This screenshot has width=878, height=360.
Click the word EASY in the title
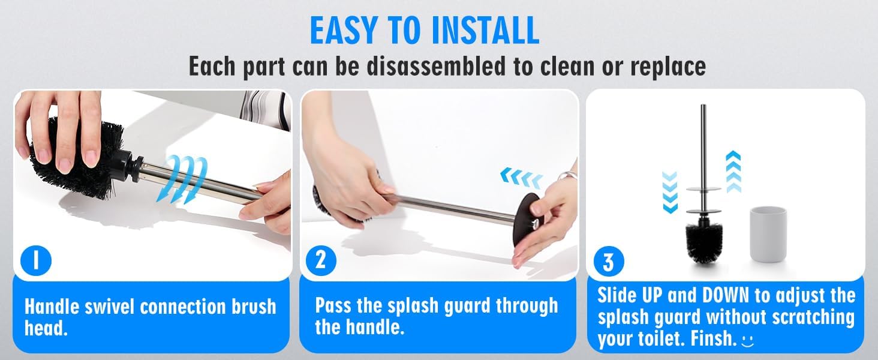[x=344, y=30]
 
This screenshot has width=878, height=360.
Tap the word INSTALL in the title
[x=485, y=30]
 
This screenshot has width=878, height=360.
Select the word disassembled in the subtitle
[x=436, y=65]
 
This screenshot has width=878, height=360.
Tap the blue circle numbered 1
[x=36, y=261]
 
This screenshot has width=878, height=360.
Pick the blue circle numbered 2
[x=321, y=260]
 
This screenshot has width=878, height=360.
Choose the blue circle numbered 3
[x=609, y=262]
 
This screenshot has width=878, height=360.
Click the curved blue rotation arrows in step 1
[x=182, y=179]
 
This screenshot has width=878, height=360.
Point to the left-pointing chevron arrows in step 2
[x=521, y=178]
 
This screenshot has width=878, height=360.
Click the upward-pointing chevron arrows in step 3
[x=733, y=172]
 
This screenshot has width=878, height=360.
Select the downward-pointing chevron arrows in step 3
[x=670, y=192]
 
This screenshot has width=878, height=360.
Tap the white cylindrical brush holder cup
[x=768, y=234]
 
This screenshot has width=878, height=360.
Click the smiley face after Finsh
[x=748, y=340]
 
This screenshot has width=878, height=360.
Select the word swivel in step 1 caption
[x=109, y=307]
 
